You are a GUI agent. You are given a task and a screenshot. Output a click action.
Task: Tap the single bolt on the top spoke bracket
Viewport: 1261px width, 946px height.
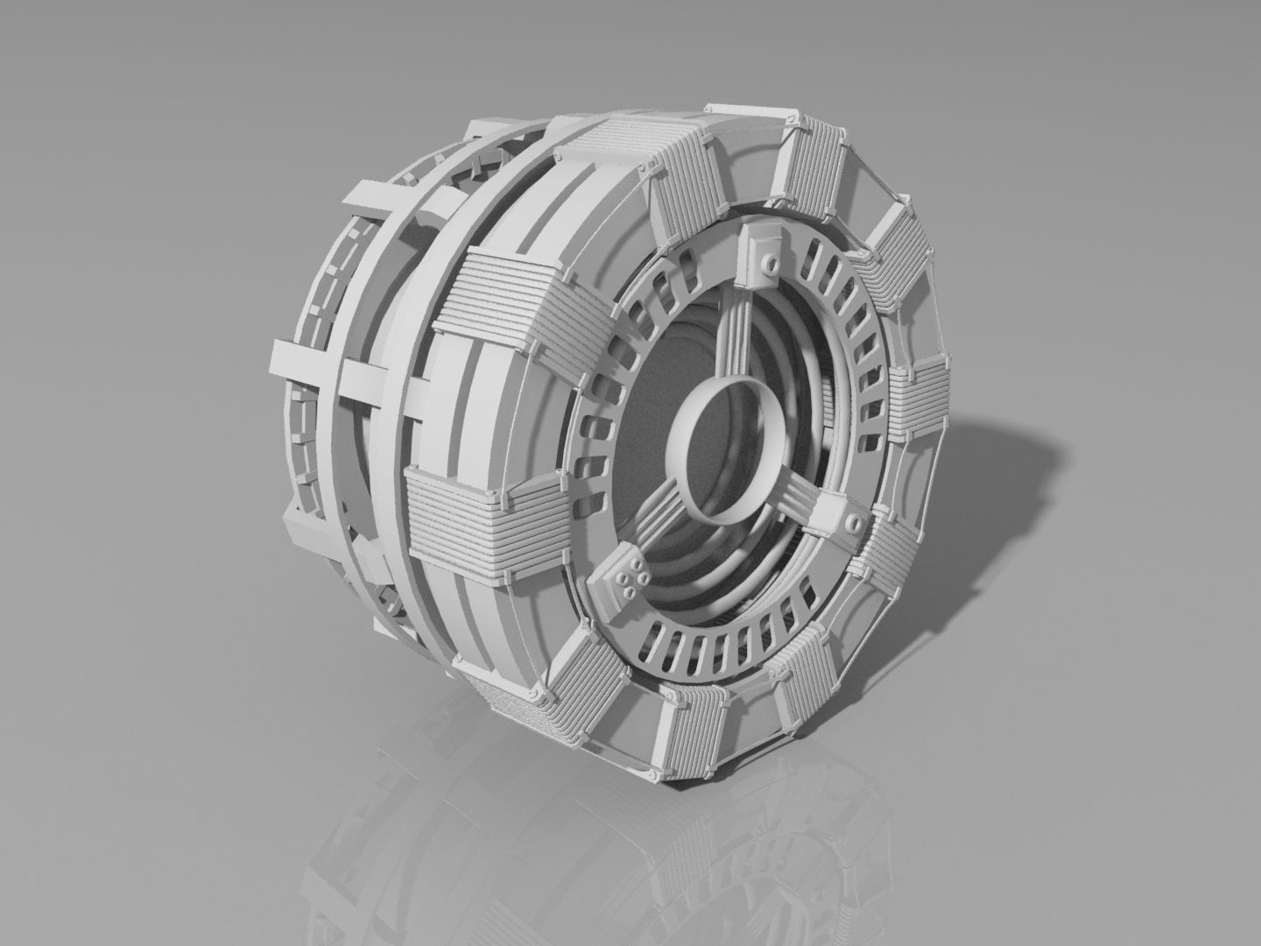(768, 262)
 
